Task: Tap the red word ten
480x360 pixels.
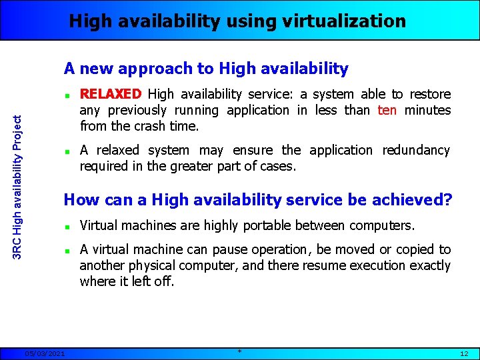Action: coord(387,110)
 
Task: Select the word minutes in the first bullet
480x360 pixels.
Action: coord(427,110)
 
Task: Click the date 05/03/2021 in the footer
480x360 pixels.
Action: coord(44,353)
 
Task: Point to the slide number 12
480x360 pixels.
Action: coord(464,353)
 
